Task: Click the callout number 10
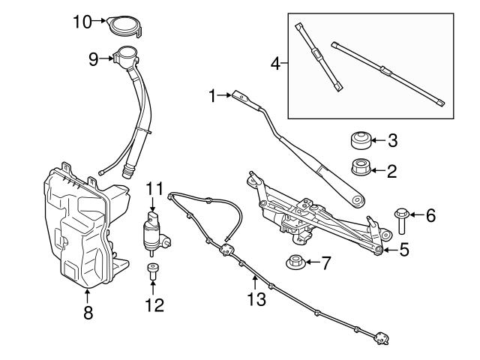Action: pyautogui.click(x=82, y=21)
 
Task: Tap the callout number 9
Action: pyautogui.click(x=93, y=57)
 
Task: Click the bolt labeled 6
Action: pyautogui.click(x=400, y=218)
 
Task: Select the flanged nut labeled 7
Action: pyautogui.click(x=294, y=262)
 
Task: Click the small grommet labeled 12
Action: pyautogui.click(x=152, y=271)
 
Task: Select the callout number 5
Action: pyautogui.click(x=403, y=250)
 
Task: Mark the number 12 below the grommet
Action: pyautogui.click(x=153, y=304)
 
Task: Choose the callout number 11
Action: pyautogui.click(x=154, y=187)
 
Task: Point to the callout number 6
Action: pyautogui.click(x=430, y=216)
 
